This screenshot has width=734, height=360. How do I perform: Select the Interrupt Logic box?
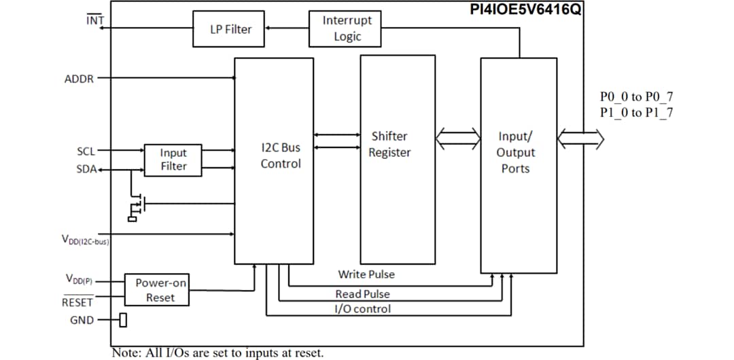347,29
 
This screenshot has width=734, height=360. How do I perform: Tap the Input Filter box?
173,160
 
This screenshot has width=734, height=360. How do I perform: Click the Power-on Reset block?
156,290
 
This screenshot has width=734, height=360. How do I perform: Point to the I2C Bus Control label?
280,156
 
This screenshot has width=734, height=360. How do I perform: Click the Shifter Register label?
389,145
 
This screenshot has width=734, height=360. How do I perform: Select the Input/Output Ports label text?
517,153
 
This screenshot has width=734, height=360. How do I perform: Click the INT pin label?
95,20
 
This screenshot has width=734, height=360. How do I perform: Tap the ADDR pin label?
79,79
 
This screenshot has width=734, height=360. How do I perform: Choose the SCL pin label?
86,151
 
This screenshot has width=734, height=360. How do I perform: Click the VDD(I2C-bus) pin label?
84,240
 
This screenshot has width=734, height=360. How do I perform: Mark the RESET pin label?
77,302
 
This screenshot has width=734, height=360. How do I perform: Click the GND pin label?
82,320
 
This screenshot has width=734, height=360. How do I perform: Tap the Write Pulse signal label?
366,274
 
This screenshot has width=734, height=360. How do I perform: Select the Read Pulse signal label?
362,294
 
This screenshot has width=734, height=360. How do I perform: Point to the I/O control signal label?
362,309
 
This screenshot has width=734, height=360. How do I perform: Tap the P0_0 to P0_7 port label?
636,97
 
